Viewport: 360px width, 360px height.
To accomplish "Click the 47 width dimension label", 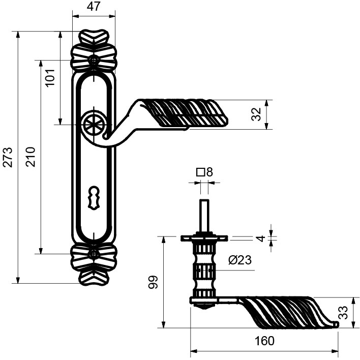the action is pos(94,6).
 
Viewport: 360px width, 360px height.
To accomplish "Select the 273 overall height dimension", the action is pos(8,157).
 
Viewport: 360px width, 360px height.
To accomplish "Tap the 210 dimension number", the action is pos(31,157).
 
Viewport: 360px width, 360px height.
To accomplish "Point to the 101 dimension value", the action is pos(50,77).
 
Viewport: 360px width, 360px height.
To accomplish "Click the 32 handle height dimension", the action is pos(256,114).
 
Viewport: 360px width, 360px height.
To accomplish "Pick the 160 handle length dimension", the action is pos(264,341).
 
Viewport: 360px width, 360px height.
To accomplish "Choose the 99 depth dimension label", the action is pos(153,282).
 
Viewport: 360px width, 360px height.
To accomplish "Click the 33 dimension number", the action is pos(343,313).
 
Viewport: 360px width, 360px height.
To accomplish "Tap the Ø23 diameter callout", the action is pos(240,260).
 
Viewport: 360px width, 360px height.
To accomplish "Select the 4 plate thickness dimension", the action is pos(260,238).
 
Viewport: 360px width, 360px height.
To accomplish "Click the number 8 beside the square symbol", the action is pos(209,172).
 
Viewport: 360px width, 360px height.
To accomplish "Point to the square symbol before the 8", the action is pos(201,172).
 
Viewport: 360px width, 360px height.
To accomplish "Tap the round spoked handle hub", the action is pos(94,125).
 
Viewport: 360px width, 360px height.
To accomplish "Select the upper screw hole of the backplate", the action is pos(94,60).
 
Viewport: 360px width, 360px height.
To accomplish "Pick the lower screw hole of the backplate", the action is pos(94,254).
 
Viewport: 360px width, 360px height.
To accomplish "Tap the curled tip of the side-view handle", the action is pos(336,324).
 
